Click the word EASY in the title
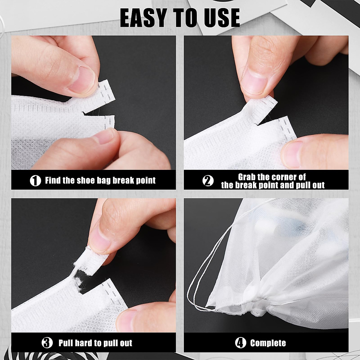(142, 18)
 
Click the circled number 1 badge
(35, 181)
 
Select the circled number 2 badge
(208, 181)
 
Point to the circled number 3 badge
(47, 343)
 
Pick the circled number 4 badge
(240, 343)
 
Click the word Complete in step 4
(268, 343)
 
